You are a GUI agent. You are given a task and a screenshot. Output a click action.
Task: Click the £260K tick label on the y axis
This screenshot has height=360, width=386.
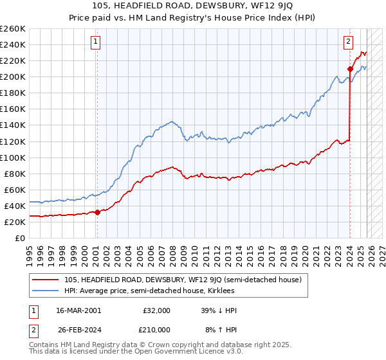(x=13, y=29)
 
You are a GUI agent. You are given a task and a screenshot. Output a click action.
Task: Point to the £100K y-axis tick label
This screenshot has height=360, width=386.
(x=13, y=157)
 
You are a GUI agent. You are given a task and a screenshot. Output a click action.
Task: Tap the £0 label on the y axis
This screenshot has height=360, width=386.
(x=20, y=238)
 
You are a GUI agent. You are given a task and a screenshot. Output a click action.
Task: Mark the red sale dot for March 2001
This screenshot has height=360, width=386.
(x=97, y=212)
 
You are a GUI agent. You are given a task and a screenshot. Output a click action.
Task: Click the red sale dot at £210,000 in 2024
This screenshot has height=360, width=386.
(x=350, y=69)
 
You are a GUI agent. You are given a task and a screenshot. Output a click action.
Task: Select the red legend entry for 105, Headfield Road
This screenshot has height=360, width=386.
(x=187, y=280)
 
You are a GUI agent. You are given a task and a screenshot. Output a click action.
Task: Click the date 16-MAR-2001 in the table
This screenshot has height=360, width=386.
(x=78, y=310)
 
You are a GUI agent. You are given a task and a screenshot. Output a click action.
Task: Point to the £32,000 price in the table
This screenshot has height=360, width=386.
(x=157, y=310)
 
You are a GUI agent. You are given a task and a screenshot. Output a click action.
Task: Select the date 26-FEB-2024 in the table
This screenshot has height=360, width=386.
(x=78, y=330)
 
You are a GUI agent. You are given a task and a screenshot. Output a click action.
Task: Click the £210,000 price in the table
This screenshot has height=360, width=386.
(x=157, y=330)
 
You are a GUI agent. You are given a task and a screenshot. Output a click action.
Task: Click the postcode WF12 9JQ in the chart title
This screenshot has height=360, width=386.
(x=253, y=6)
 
